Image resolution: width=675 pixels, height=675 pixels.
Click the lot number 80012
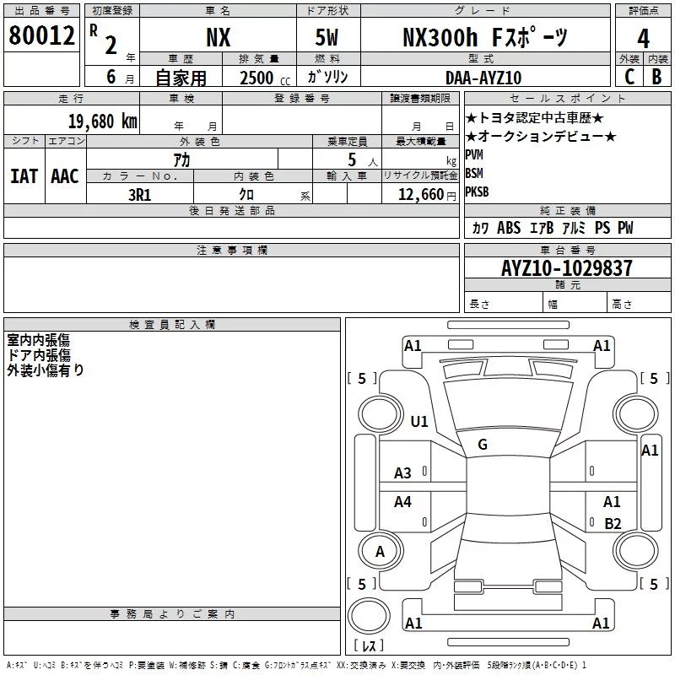tap(41, 35)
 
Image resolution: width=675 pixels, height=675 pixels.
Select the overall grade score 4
tap(643, 39)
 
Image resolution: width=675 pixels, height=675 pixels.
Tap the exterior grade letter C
tap(629, 77)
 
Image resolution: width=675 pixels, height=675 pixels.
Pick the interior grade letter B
tap(656, 77)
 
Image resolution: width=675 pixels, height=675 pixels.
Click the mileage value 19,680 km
tap(103, 121)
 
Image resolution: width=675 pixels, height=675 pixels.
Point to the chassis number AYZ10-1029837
tap(567, 268)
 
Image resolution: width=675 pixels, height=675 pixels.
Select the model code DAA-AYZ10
tap(483, 78)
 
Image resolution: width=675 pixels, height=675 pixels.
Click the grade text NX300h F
tap(452, 37)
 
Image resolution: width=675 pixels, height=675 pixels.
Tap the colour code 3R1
tap(139, 195)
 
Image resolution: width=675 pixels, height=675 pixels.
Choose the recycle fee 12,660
tap(420, 195)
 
